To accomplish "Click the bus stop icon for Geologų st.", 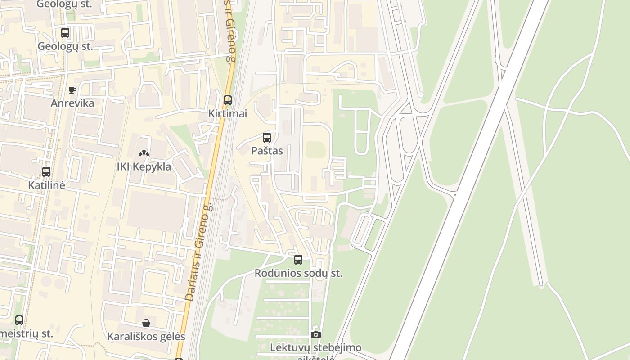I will pyautogui.click(x=65, y=33).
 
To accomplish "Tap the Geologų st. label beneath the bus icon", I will pyautogui.click(x=65, y=46).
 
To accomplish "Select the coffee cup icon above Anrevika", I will pyautogui.click(x=72, y=90).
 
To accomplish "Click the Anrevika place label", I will pyautogui.click(x=72, y=103).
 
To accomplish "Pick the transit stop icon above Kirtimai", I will pyautogui.click(x=228, y=100).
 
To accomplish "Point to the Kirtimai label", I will pyautogui.click(x=228, y=113).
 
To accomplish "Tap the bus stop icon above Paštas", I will pyautogui.click(x=267, y=138).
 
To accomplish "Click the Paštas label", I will pyautogui.click(x=267, y=151).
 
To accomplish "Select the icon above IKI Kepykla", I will pyautogui.click(x=144, y=153).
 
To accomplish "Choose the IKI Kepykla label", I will pyautogui.click(x=144, y=166).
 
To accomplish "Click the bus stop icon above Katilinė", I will pyautogui.click(x=46, y=172).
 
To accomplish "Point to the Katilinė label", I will pyautogui.click(x=46, y=185).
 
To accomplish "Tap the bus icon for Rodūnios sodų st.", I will pyautogui.click(x=298, y=260).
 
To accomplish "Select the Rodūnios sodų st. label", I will pyautogui.click(x=298, y=273).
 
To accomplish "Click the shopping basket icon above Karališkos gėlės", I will pyautogui.click(x=146, y=323).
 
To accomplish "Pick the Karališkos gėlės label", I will pyautogui.click(x=146, y=336).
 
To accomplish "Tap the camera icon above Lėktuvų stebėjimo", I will pyautogui.click(x=316, y=334).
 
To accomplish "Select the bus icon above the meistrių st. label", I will pyautogui.click(x=19, y=320).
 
